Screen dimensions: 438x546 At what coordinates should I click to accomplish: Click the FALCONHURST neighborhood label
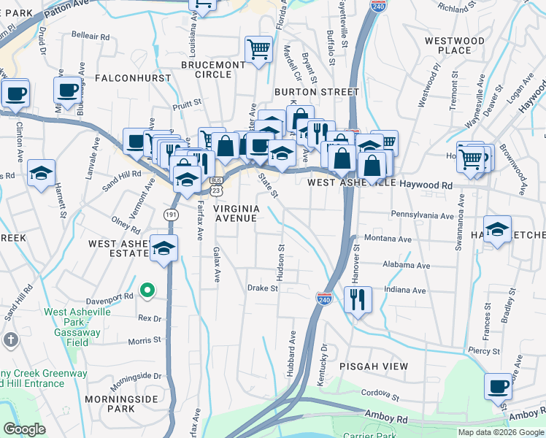pos(133,77)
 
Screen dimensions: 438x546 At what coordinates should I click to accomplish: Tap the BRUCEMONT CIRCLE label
pos(213,69)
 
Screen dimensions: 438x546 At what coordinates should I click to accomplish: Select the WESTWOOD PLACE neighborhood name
pos(464,45)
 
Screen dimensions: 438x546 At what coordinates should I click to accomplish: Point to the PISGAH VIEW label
pos(372,365)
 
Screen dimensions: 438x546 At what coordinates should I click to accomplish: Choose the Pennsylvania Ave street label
pos(423,215)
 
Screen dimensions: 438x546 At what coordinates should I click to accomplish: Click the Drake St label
pos(263,288)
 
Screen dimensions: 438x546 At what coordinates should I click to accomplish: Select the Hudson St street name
pos(280,256)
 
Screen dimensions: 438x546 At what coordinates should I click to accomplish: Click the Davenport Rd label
pos(109,297)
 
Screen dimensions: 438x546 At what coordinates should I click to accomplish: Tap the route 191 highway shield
pos(170,215)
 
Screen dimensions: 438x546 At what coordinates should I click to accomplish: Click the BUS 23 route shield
pos(215,185)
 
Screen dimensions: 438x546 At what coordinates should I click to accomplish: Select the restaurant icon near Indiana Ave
pos(358,300)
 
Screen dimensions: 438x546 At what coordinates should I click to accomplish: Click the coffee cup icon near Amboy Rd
pos(499,387)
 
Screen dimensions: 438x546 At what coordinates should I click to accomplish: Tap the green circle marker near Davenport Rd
pos(147,292)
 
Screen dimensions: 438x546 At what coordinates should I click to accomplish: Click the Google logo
pos(24,429)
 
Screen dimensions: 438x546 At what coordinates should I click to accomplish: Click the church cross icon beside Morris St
pos(9,339)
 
